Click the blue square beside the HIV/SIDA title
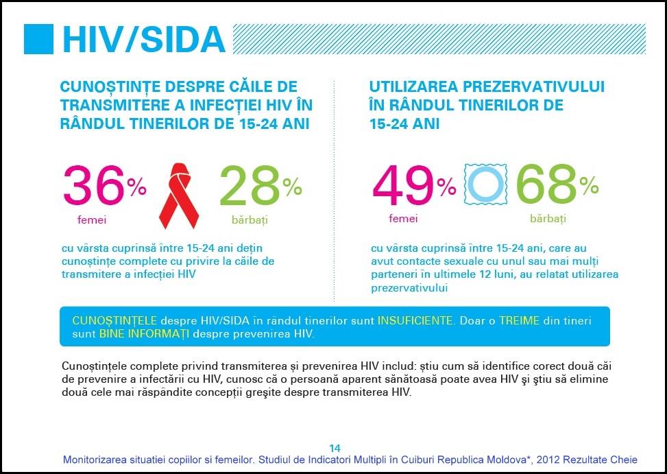(38, 39)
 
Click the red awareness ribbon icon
(179, 195)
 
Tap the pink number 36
(95, 187)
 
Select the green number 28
(250, 187)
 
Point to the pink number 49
(404, 187)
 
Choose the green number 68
(546, 187)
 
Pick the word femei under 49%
(403, 220)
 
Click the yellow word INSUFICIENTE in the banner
(415, 321)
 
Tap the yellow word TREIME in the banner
(519, 321)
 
